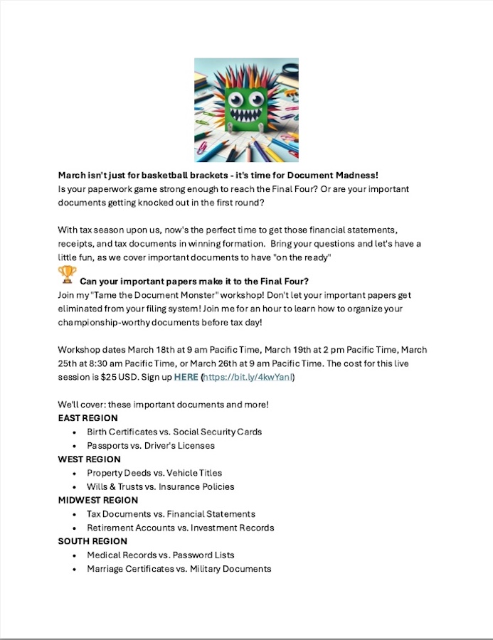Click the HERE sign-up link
point(186,377)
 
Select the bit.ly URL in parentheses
point(248,377)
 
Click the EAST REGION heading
point(88,418)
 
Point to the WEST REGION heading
point(90,459)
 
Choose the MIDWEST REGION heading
point(98,500)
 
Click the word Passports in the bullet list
point(110,446)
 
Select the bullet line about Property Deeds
point(154,473)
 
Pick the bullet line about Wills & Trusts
point(160,487)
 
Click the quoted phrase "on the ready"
point(302,257)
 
